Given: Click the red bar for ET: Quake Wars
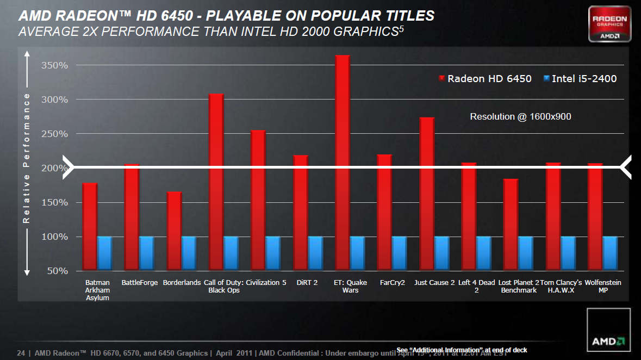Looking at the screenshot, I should click(x=343, y=163).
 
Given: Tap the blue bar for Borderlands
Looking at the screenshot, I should click(x=189, y=253).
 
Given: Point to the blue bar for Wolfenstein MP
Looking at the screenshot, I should click(x=610, y=253).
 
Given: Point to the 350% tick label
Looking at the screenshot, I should click(x=55, y=65).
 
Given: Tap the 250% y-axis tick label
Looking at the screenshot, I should click(x=55, y=134).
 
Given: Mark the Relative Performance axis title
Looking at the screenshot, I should click(x=26, y=158).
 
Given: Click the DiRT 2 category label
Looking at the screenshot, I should click(x=307, y=283).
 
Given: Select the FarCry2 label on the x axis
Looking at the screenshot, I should click(x=393, y=283).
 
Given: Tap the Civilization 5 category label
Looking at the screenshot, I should click(x=266, y=283).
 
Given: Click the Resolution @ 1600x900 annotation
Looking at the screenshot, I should click(x=520, y=116).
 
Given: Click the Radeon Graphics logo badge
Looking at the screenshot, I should click(x=609, y=24).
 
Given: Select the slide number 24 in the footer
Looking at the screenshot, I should click(x=21, y=352).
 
